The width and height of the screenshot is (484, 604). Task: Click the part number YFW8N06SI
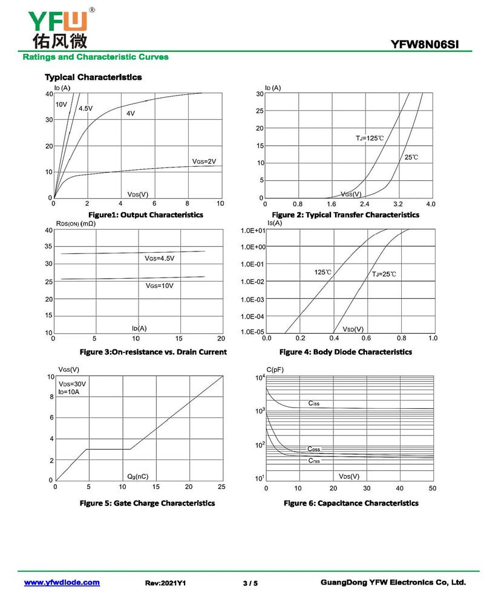(x=430, y=44)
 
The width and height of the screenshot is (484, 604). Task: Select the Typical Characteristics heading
(x=93, y=77)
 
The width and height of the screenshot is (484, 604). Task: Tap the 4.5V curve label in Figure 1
(x=85, y=109)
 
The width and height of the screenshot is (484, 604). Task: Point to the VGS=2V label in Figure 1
(x=204, y=161)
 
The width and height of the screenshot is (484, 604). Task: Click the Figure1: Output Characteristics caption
(x=146, y=215)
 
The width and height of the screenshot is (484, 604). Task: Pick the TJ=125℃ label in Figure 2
(x=370, y=138)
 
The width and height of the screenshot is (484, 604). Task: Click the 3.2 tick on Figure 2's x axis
(x=397, y=204)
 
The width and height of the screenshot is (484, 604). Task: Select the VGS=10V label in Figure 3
(x=159, y=285)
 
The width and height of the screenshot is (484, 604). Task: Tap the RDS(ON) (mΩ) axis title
(x=76, y=224)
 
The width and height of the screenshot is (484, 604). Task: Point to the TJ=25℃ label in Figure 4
(x=384, y=274)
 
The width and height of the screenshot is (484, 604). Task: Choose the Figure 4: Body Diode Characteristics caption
(x=345, y=352)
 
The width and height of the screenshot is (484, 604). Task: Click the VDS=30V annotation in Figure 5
(x=72, y=385)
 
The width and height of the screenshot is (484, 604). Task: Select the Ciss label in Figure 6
(x=314, y=403)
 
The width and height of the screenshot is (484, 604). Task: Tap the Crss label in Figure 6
(x=314, y=461)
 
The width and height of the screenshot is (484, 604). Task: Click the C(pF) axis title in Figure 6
(x=276, y=369)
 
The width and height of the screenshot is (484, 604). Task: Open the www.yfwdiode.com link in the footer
(x=62, y=582)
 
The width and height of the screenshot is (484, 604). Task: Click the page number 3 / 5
(x=250, y=583)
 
